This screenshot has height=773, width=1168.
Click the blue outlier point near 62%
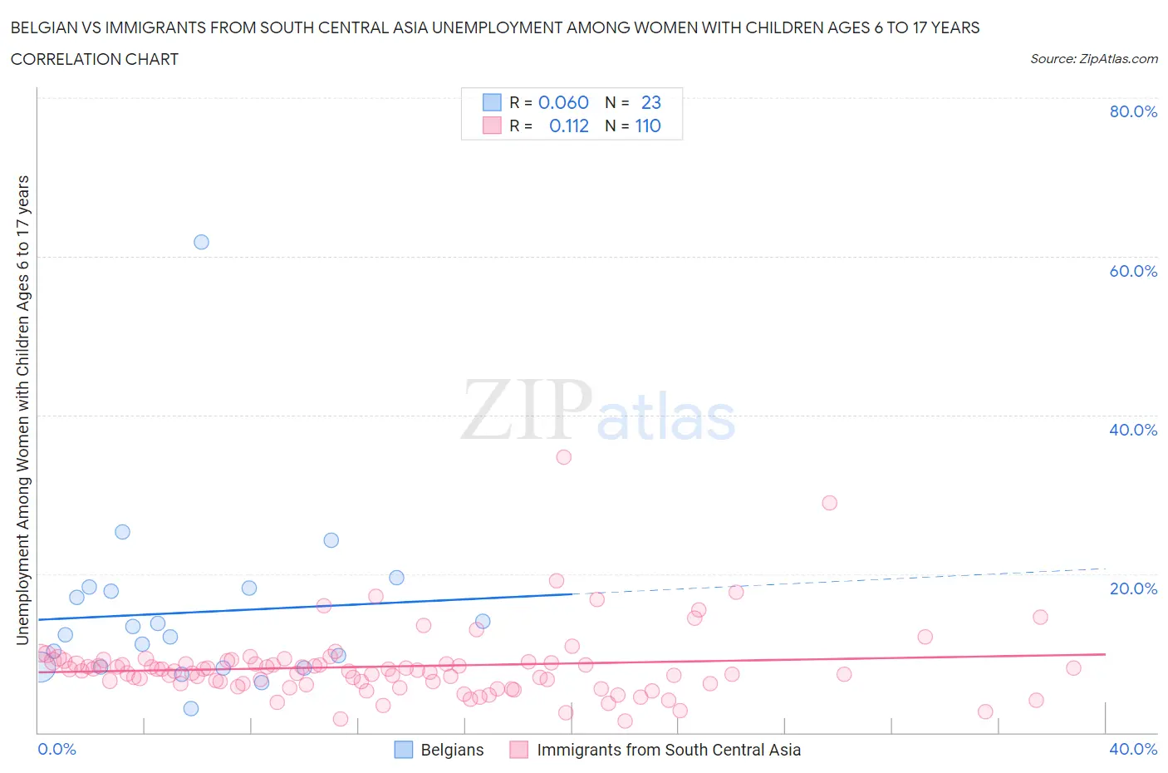pyautogui.click(x=201, y=242)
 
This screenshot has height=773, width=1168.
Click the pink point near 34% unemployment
pyautogui.click(x=564, y=456)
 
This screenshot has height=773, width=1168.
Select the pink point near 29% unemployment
pyautogui.click(x=829, y=502)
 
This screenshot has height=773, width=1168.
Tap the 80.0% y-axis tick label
pyautogui.click(x=1133, y=111)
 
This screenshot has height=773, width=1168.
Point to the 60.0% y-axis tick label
pyautogui.click(x=1133, y=271)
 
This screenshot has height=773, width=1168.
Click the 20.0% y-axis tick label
pyautogui.click(x=1133, y=588)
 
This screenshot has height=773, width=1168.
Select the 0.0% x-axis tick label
pyautogui.click(x=57, y=749)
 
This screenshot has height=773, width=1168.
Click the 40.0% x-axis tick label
pyautogui.click(x=1133, y=749)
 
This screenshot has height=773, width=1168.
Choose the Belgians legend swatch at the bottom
pyautogui.click(x=403, y=750)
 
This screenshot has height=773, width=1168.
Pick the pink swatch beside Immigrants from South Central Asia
pyautogui.click(x=519, y=750)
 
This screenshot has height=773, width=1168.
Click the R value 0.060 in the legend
pyautogui.click(x=563, y=102)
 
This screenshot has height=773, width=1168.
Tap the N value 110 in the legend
pyautogui.click(x=648, y=126)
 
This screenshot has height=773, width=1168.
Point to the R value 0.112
pyautogui.click(x=569, y=126)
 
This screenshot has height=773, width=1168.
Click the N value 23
pyautogui.click(x=651, y=102)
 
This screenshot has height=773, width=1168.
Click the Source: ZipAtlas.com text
pyautogui.click(x=1093, y=58)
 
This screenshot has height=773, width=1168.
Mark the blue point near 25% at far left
pyautogui.click(x=122, y=532)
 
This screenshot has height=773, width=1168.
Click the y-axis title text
pyautogui.click(x=22, y=410)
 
